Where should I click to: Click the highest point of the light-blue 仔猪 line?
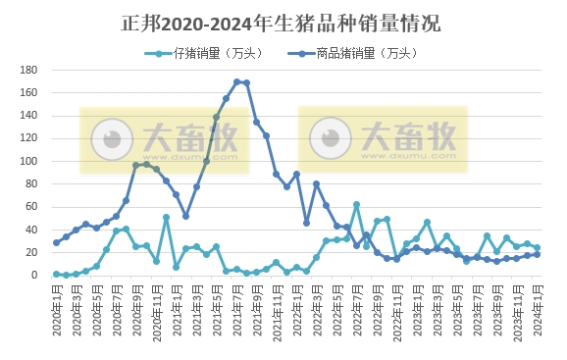coord(356,205)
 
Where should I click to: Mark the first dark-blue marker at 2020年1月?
coord(56,243)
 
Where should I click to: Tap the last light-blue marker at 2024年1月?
coord(537,248)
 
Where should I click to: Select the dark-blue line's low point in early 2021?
coord(186,216)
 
